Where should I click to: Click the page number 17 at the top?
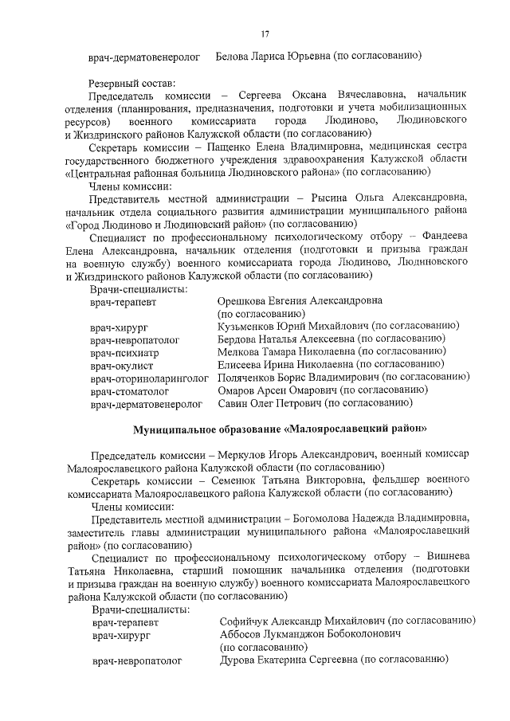pyautogui.click(x=265, y=33)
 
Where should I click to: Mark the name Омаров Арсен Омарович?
pyautogui.click(x=276, y=390)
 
